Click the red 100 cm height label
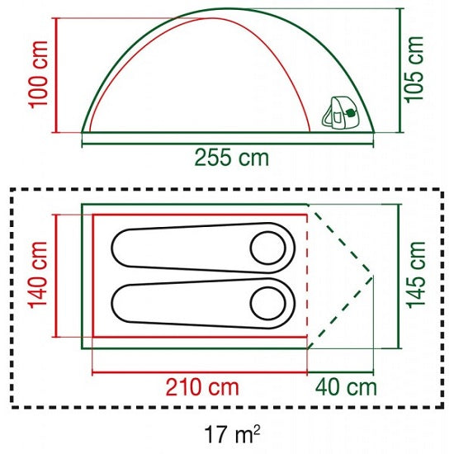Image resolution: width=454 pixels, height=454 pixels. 38,74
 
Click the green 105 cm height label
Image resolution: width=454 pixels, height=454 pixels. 414,69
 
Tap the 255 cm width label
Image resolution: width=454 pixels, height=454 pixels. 232,158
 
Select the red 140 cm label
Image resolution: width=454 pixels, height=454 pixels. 38,275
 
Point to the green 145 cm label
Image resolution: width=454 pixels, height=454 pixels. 416,275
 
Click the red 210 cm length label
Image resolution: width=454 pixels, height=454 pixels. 202,387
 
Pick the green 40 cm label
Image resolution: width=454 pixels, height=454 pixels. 346,387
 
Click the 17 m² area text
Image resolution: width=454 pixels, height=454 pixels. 232,433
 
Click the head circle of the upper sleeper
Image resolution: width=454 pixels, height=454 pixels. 267,248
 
